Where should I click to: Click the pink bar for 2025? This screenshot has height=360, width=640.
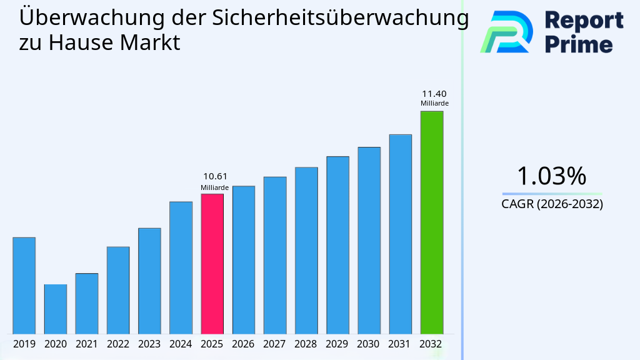pyautogui.click(x=212, y=264)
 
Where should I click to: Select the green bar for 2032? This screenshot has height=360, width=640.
pyautogui.click(x=431, y=222)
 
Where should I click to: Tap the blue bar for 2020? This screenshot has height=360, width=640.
pyautogui.click(x=55, y=309)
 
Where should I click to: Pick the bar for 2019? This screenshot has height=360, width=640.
pyautogui.click(x=24, y=286)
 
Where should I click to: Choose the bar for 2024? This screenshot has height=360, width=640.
pyautogui.click(x=181, y=267)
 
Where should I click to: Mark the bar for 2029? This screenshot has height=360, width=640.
pyautogui.click(x=337, y=245)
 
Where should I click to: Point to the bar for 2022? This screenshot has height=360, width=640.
pyautogui.click(x=118, y=290)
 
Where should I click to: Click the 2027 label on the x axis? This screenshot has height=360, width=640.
pyautogui.click(x=275, y=344)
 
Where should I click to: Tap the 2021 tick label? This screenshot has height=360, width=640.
pyautogui.click(x=86, y=344)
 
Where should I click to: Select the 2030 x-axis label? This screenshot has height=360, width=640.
pyautogui.click(x=369, y=344)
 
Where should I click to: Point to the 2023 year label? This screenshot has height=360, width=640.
pyautogui.click(x=149, y=344)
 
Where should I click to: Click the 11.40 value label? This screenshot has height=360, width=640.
pyautogui.click(x=434, y=94)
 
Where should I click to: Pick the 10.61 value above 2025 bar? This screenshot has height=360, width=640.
pyautogui.click(x=215, y=177)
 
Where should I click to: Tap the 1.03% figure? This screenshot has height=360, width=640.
pyautogui.click(x=551, y=176)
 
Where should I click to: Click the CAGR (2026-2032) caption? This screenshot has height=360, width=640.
pyautogui.click(x=552, y=204)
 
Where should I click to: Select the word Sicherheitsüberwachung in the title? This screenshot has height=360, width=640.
pyautogui.click(x=340, y=18)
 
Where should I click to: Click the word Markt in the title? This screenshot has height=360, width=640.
pyautogui.click(x=151, y=43)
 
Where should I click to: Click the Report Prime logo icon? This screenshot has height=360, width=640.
pyautogui.click(x=506, y=31)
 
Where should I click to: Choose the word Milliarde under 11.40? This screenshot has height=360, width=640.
pyautogui.click(x=434, y=104)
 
